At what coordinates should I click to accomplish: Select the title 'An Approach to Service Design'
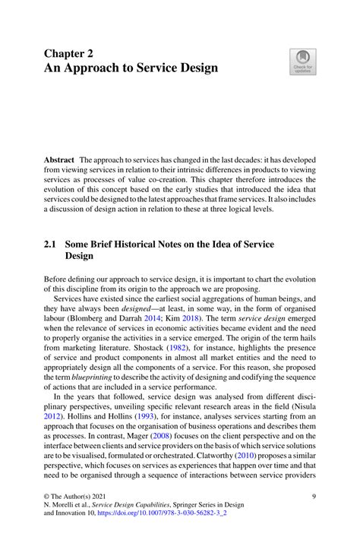point(131,68)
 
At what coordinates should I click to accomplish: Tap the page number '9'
point(314,518)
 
